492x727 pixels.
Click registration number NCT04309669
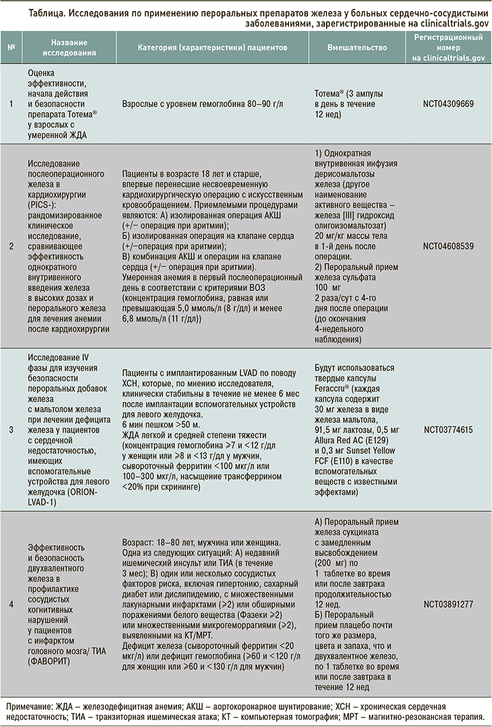(x=449, y=106)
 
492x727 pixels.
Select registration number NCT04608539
(x=449, y=245)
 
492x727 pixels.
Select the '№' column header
(x=11, y=48)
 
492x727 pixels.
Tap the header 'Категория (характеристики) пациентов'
(x=213, y=48)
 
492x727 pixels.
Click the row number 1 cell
(x=11, y=106)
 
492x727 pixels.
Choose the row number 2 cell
(x=11, y=245)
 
